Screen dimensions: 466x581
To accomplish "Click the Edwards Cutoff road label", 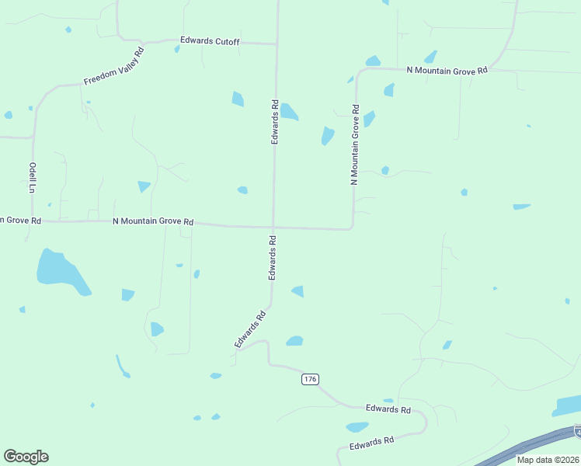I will (210, 41).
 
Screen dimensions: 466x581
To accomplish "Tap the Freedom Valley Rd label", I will (114, 67).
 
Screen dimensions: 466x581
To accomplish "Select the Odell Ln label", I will (33, 177).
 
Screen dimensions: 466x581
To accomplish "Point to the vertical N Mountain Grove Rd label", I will (355, 144).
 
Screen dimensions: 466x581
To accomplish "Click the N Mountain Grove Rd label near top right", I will (447, 70).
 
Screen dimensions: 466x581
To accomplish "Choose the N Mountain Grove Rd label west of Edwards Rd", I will (153, 221).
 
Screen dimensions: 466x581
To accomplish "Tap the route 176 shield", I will (310, 379).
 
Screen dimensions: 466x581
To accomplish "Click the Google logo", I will (26, 457).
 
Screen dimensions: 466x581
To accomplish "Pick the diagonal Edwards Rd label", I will (250, 329).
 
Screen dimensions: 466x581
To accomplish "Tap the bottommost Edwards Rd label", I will (372, 443).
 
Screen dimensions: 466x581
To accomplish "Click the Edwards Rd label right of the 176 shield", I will (388, 409).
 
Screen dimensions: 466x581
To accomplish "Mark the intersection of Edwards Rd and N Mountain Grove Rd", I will (273, 228).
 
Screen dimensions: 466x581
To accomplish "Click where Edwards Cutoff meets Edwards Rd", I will (277, 43).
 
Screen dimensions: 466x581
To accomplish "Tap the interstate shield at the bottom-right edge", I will (578, 429).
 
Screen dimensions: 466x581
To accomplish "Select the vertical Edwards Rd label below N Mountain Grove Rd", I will (273, 258).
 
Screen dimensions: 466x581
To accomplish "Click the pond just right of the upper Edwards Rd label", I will (288, 112).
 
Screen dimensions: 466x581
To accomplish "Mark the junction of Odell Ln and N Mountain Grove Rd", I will (33, 221).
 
